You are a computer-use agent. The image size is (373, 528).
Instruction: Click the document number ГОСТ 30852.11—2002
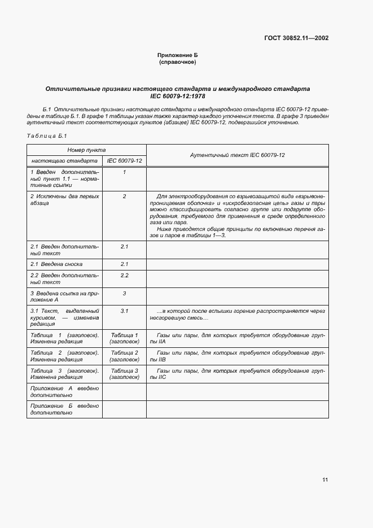[296, 38]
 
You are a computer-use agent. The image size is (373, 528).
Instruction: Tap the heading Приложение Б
[178, 55]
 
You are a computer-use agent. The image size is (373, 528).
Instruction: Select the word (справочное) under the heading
[178, 62]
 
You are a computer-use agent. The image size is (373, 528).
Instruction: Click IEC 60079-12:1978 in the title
[178, 97]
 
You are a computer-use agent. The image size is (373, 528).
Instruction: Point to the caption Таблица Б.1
[47, 136]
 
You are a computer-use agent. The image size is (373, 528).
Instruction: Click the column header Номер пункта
[86, 150]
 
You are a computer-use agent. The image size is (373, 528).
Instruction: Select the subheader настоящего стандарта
[64, 161]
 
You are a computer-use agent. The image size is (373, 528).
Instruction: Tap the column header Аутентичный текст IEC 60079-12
[237, 155]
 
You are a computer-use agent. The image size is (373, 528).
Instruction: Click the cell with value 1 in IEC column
[124, 172]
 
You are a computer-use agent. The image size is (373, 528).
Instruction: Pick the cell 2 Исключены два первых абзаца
[64, 199]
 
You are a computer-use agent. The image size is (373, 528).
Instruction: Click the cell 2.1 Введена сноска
[56, 264]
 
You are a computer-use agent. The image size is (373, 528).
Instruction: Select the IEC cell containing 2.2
[124, 275]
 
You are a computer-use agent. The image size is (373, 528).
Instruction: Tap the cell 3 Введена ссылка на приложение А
[64, 296]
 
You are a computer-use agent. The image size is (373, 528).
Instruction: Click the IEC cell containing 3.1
[124, 311]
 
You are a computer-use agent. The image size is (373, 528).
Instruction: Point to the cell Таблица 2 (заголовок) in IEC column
[124, 356]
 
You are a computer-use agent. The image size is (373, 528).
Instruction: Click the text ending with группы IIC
[237, 374]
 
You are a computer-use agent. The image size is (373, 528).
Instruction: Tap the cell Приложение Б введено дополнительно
[64, 409]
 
